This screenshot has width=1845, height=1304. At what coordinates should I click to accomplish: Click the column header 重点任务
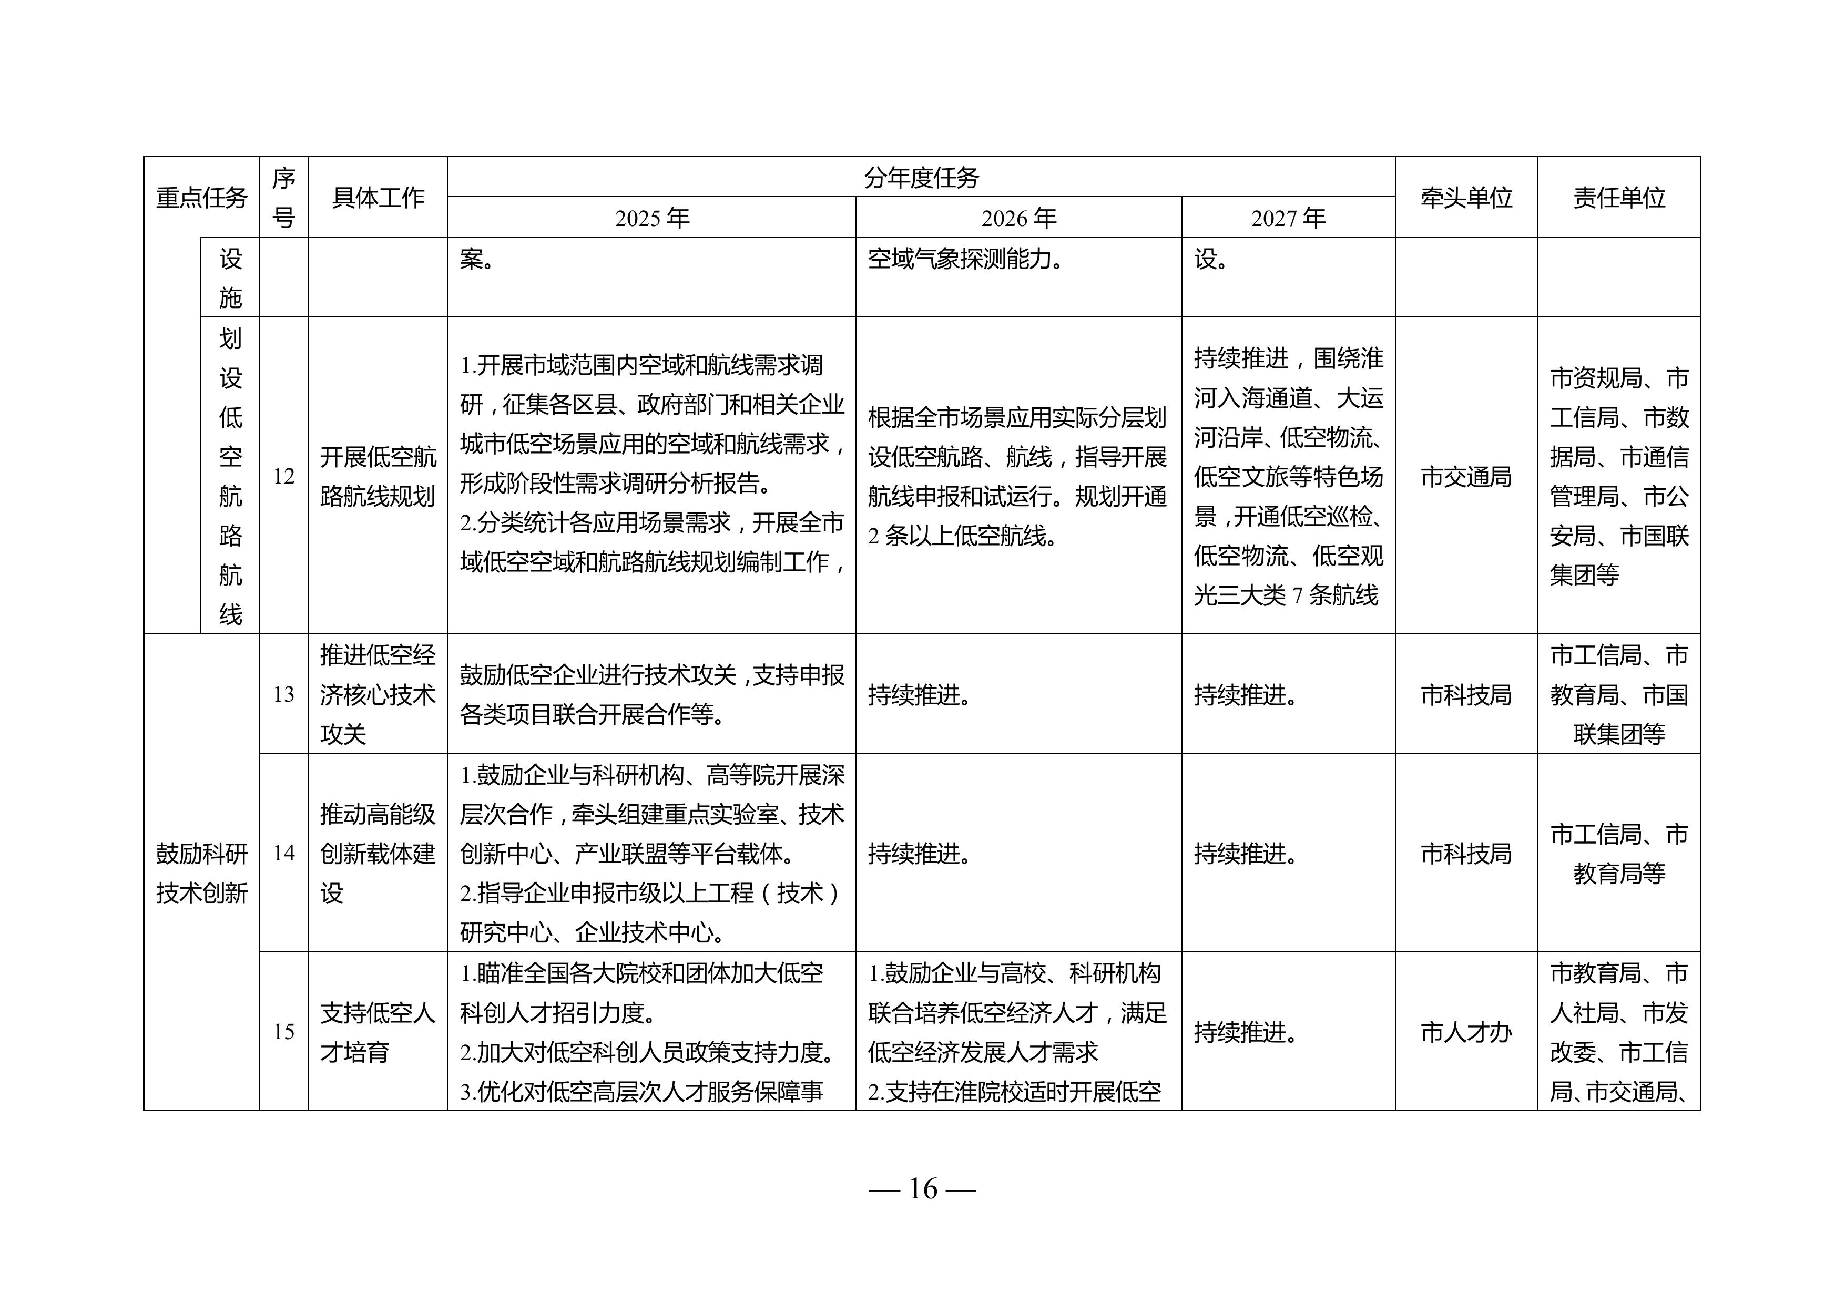coord(201,197)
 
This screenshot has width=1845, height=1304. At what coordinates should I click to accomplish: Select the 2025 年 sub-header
coord(651,218)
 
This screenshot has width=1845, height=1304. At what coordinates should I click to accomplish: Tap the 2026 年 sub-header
coord(1018,218)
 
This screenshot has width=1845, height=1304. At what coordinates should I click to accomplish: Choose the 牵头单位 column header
coord(1466,197)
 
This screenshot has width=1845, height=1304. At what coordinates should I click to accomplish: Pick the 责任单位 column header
coord(1618,197)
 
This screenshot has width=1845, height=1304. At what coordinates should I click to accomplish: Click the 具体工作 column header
coord(378,197)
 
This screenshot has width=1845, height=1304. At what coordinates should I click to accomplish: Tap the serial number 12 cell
coord(283,476)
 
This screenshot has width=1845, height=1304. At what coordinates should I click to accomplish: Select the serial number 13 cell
coord(283,694)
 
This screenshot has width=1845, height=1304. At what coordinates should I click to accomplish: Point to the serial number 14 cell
coord(283,853)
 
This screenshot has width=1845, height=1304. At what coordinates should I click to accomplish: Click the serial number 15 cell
coord(283,1032)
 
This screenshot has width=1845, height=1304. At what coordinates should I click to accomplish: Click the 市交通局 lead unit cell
coord(1466,476)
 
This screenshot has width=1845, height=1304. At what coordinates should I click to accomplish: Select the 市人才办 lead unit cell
coord(1466,1032)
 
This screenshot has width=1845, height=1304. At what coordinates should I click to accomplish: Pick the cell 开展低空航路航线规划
coord(378,476)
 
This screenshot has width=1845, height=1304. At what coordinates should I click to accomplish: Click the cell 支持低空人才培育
coord(378,1032)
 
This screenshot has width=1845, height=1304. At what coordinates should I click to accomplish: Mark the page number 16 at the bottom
coord(922,1188)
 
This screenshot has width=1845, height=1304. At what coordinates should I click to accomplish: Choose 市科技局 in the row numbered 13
coord(1466,694)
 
